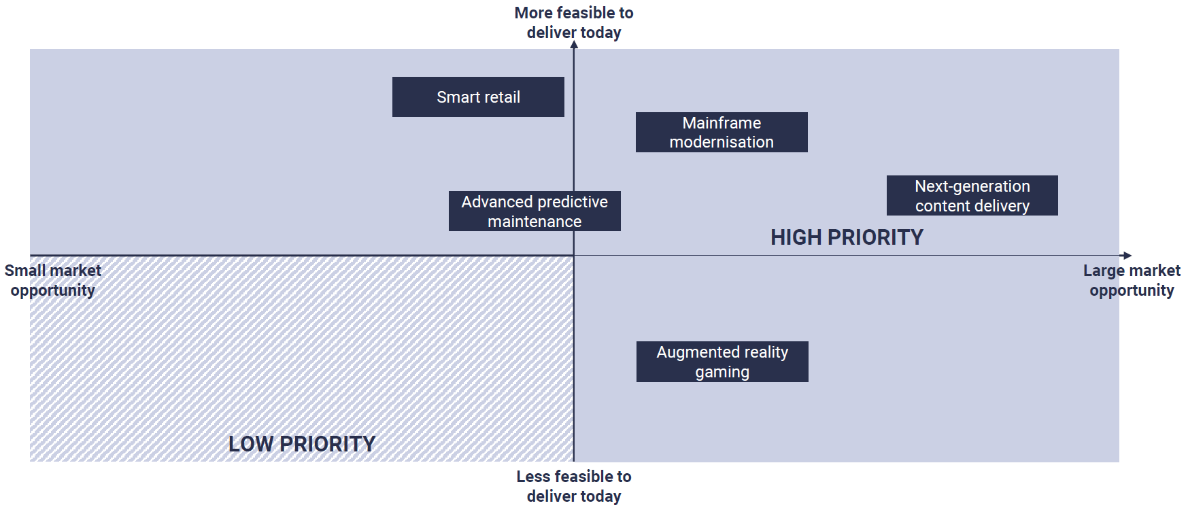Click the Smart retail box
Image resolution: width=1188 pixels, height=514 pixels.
478,97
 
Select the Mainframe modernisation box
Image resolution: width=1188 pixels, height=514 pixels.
722,133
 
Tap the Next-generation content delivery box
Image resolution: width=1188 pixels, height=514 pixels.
972,196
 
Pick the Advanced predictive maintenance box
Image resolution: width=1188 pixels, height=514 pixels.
534,211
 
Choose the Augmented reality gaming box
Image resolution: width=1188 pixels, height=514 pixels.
722,362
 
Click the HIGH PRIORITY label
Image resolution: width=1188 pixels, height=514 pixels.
847,237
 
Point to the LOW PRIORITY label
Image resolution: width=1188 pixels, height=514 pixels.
302,444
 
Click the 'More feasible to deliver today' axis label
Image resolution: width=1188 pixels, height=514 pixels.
574,22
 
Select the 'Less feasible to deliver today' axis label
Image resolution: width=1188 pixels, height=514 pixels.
574,486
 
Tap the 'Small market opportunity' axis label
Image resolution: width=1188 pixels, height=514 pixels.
53,280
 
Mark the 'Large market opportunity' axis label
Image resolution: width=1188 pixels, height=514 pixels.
1132,280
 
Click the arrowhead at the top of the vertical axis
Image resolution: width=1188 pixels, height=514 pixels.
574,45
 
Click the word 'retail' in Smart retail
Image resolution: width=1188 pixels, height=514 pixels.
502,97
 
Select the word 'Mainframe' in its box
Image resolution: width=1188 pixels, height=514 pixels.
722,123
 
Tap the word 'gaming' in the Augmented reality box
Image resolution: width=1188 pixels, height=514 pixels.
722,372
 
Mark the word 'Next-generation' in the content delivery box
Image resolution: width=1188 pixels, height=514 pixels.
972,186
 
